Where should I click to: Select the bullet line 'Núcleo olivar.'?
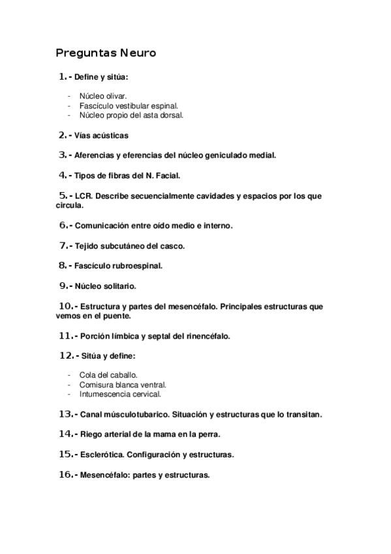coord(102,95)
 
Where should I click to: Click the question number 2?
coord(62,136)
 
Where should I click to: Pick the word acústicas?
coord(110,136)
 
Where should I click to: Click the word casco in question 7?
coord(173,246)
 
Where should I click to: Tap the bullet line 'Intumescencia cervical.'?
coord(119,395)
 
